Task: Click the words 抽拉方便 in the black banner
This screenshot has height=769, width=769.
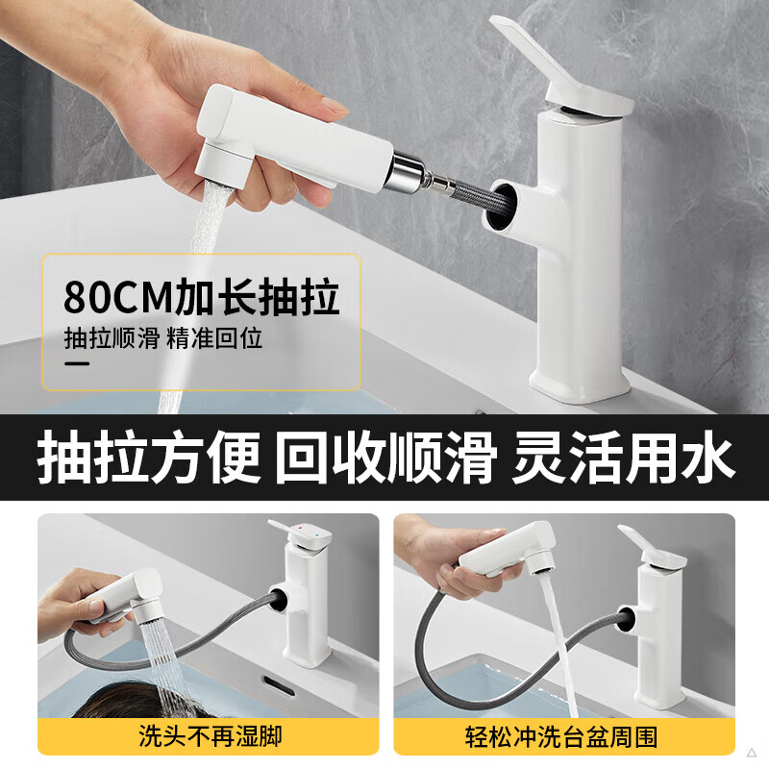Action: [149, 458]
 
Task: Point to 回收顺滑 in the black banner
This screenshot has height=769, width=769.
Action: [384, 458]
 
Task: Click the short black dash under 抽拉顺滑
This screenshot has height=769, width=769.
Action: [77, 365]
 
